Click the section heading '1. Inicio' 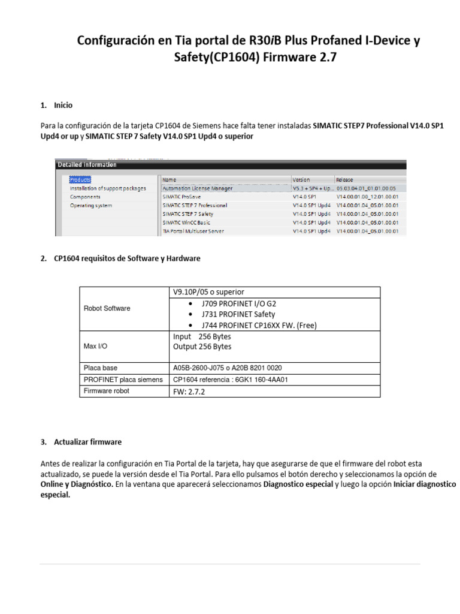tap(57, 105)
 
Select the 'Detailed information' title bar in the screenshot tap(87, 164)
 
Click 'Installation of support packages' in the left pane tap(108, 188)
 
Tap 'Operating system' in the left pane tap(91, 205)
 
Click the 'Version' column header tap(302, 179)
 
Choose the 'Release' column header tap(346, 179)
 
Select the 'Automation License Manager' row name tap(197, 188)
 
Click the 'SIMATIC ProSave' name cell tap(183, 197)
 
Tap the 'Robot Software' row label tap(107, 308)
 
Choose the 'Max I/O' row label tap(96, 347)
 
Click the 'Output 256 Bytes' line tap(202, 347)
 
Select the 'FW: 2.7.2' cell tap(189, 391)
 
